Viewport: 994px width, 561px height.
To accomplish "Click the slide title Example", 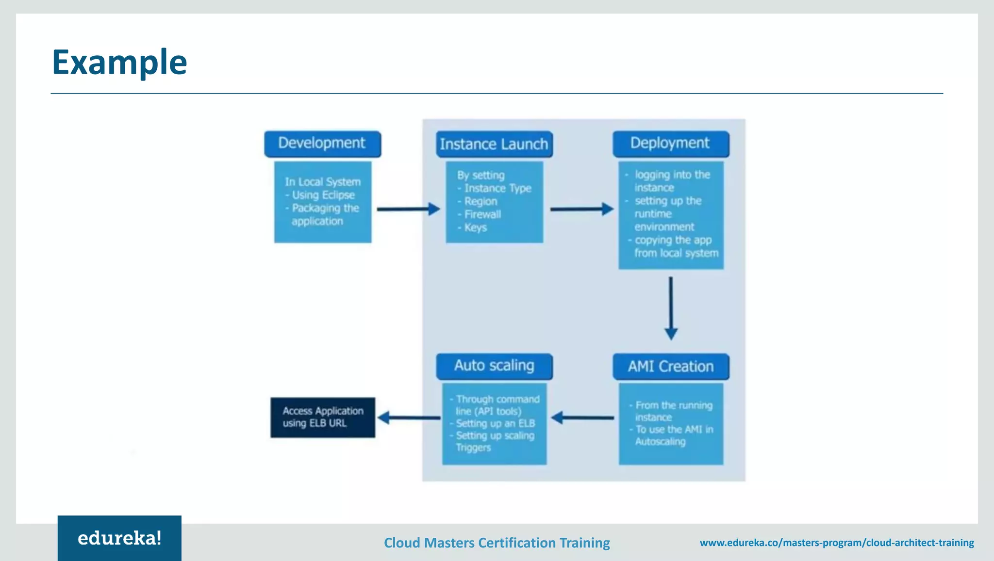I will point(119,63).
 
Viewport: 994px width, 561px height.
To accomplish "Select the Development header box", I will point(322,144).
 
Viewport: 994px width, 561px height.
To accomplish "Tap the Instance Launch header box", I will point(494,144).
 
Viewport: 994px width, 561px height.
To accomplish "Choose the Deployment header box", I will point(670,144).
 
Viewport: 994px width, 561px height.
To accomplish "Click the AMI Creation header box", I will point(671,366).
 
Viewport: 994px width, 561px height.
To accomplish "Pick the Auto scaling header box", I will point(494,366).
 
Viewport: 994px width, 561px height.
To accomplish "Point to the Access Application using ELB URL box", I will point(323,417).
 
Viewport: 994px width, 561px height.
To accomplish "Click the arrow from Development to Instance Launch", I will point(408,209).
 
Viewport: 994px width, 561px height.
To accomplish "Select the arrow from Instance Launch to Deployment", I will point(581,209).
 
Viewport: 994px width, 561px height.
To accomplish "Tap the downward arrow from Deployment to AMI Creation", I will point(671,308).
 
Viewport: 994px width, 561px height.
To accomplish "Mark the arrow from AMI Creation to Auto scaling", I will point(582,417).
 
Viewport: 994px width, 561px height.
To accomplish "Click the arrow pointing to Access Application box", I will point(409,417).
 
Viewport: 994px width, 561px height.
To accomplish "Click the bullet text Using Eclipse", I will point(323,195).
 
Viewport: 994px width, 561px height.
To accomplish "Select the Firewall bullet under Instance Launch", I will point(482,214).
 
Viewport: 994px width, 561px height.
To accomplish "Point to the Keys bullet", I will point(475,227).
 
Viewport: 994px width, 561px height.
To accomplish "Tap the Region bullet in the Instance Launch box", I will point(480,201).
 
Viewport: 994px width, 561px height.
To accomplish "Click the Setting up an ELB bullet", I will point(495,423).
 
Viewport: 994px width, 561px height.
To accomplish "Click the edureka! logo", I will point(119,538).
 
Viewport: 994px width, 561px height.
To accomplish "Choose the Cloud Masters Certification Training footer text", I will point(497,543).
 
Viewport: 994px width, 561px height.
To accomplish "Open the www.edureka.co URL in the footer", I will point(837,543).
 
